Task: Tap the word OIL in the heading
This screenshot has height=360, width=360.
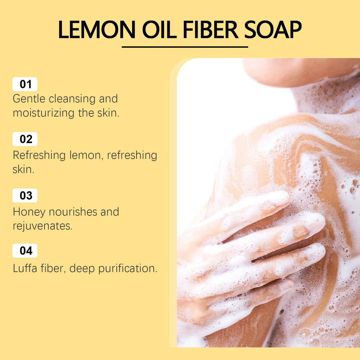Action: point(159,30)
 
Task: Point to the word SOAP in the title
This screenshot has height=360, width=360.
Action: point(273,30)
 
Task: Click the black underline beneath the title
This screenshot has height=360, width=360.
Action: point(185,47)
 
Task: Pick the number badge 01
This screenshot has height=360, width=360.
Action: point(25,84)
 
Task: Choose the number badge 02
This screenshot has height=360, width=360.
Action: point(25,139)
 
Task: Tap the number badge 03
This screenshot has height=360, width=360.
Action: point(25,196)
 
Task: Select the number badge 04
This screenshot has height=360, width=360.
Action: point(25,251)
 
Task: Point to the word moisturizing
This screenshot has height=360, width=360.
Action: point(43,113)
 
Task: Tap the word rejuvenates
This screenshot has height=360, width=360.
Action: point(42,226)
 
